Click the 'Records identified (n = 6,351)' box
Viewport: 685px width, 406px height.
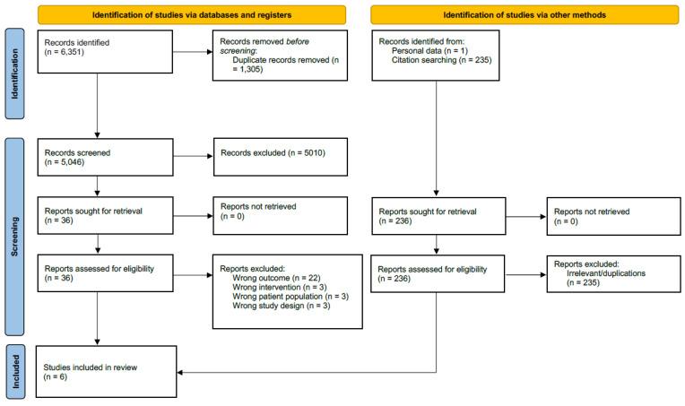(x=105, y=51)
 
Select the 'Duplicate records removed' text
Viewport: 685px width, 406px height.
(x=281, y=60)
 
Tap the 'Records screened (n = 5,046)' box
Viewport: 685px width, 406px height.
(x=105, y=157)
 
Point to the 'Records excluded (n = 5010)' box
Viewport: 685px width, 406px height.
(x=281, y=157)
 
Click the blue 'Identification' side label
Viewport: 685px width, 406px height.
(x=14, y=73)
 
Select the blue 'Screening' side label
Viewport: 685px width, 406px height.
(x=14, y=237)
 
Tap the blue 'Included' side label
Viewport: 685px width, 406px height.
(x=15, y=372)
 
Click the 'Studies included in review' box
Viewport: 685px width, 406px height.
(x=106, y=372)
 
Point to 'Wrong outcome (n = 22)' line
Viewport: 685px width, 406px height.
(x=276, y=278)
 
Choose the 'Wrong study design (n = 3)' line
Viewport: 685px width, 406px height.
(x=281, y=306)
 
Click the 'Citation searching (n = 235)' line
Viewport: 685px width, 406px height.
(x=441, y=60)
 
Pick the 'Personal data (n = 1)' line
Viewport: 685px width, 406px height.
(x=429, y=51)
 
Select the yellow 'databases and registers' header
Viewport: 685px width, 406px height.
(x=192, y=15)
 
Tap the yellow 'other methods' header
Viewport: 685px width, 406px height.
(x=525, y=15)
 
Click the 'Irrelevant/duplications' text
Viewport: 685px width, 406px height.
(x=606, y=273)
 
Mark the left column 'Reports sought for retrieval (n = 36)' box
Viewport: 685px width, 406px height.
(x=105, y=215)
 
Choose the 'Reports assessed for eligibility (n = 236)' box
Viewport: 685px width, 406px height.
(x=438, y=273)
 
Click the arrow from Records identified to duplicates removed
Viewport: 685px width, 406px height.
(x=193, y=52)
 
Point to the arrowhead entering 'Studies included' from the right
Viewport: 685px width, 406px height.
(x=179, y=372)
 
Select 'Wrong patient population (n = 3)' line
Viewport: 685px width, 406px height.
(x=290, y=297)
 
